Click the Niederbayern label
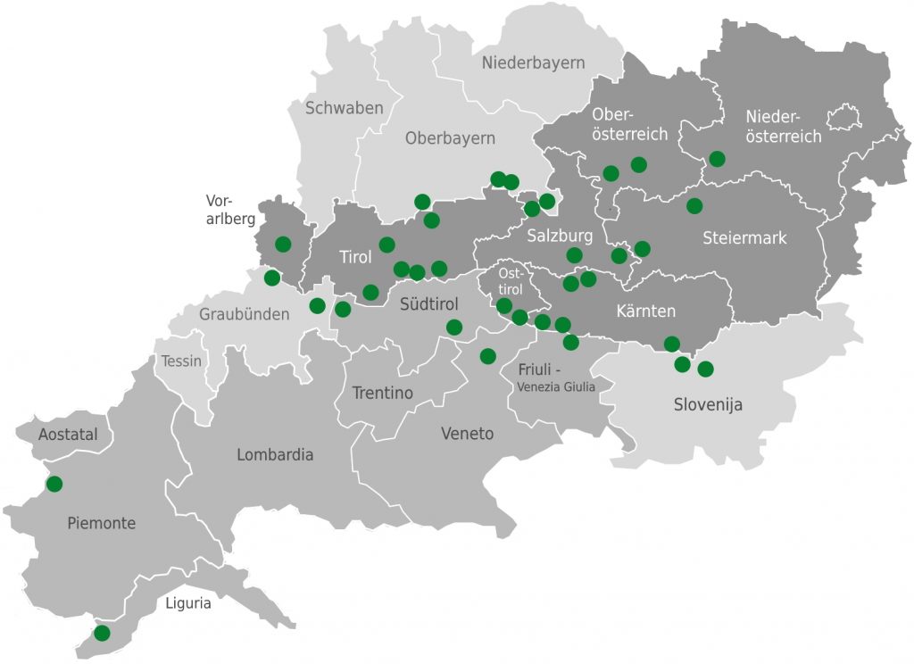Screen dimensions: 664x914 tap(533, 62)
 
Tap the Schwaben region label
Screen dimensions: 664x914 tap(344, 108)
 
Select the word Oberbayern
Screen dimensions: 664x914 tap(450, 138)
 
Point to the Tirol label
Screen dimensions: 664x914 tap(355, 257)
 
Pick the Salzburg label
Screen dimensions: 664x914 tap(560, 237)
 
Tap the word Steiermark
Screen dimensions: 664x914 tap(744, 238)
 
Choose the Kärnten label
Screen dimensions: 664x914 tap(645, 311)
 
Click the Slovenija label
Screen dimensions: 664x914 tap(708, 404)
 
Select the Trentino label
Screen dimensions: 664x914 tap(382, 393)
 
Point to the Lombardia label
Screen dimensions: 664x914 tap(275, 454)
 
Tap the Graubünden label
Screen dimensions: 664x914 tap(245, 314)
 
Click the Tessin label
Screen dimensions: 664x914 tap(181, 361)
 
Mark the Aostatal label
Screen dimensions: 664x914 tap(68, 435)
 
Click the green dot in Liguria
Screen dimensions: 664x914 tap(102, 633)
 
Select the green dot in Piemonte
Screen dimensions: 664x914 tap(54, 484)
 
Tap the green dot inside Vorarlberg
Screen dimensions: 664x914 tap(283, 244)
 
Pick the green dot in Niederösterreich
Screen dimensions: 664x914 tap(717, 159)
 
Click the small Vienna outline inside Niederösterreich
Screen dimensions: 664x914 tap(842, 117)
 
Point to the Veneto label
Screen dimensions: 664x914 tap(467, 434)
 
